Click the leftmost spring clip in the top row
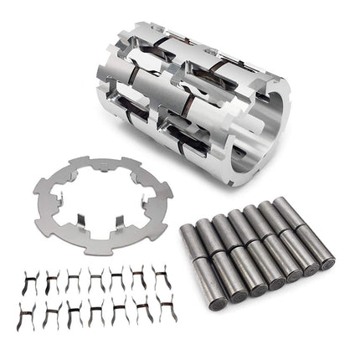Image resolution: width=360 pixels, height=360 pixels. pos(29,280)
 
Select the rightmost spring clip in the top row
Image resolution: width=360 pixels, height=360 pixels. pos(161,279)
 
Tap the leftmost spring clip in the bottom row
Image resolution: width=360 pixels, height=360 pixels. pos(28,316)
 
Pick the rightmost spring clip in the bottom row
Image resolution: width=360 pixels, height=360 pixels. pos(162,313)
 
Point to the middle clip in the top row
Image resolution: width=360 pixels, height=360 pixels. pos(95,280)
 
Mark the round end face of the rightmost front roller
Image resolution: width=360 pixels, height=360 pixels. pos(327,262)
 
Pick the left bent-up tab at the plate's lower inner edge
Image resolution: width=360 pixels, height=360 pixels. pos(76,220)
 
